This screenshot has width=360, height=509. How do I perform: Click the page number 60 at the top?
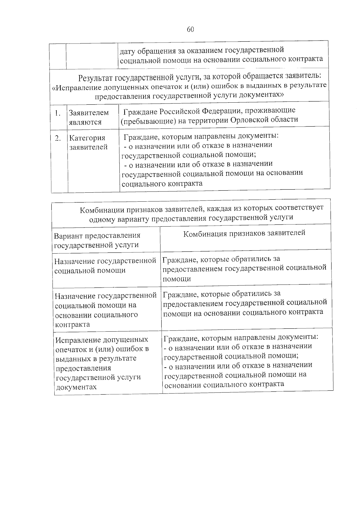click(190, 29)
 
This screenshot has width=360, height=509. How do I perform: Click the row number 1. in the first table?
click(58, 113)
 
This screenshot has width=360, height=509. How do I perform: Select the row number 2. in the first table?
click(58, 138)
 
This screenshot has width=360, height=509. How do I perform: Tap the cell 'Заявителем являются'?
click(89, 117)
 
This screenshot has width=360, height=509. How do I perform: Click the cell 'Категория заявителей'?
click(88, 142)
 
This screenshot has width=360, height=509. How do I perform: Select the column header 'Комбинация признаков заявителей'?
click(244, 233)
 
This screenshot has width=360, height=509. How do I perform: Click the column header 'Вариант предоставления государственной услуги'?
click(97, 240)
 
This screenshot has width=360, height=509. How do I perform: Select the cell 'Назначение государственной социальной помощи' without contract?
click(105, 265)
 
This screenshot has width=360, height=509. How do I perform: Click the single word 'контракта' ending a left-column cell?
click(72, 324)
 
